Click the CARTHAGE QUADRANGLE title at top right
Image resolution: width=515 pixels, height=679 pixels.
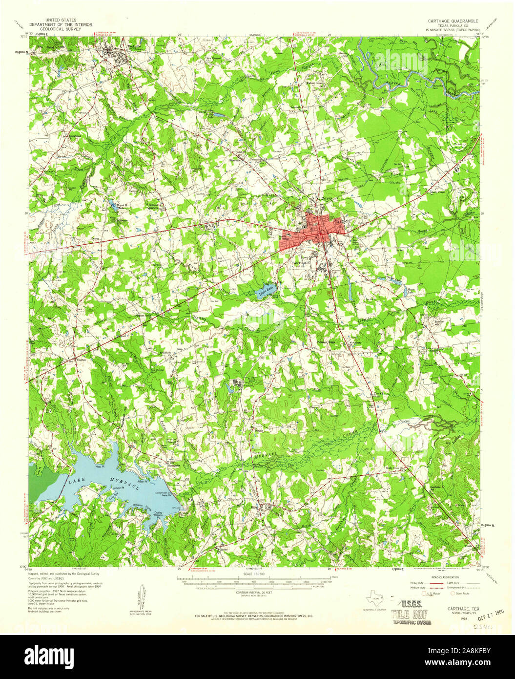[453, 21]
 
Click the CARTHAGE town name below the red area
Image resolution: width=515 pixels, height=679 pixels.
[300, 262]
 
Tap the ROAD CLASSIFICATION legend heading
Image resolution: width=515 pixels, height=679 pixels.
[435, 577]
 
